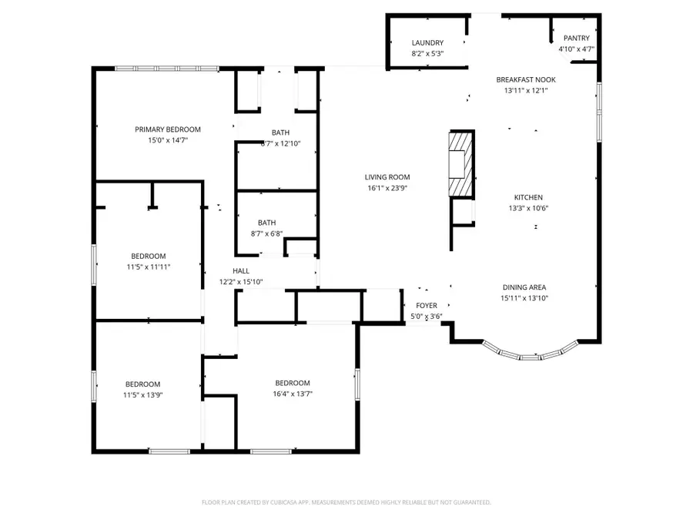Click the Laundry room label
click(427, 42)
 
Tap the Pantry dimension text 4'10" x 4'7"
click(576, 49)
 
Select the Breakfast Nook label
click(526, 79)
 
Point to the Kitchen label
click(529, 197)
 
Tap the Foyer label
click(427, 306)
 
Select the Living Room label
click(387, 177)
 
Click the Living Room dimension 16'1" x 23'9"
click(387, 187)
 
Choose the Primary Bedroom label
click(168, 129)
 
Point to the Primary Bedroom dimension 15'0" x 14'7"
click(168, 140)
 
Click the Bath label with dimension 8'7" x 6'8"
click(267, 223)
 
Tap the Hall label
click(241, 271)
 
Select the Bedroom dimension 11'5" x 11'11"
click(148, 267)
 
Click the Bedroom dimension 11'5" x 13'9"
click(143, 394)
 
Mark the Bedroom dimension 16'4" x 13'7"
click(293, 393)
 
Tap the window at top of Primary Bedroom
click(168, 69)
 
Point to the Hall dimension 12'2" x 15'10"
click(241, 282)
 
